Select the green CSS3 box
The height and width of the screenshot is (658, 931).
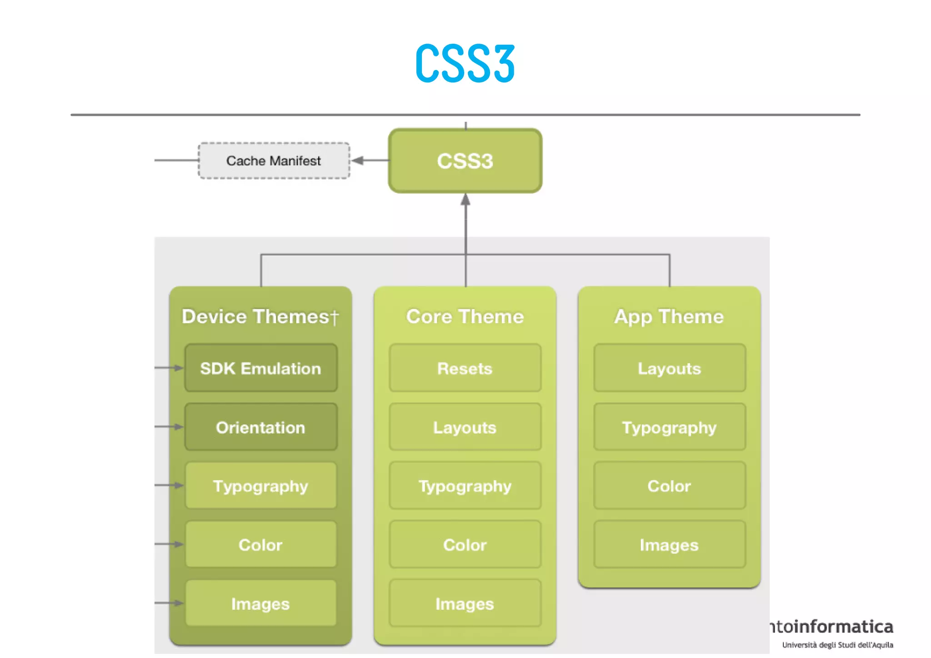(465, 161)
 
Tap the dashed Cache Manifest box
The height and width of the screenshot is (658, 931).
(274, 161)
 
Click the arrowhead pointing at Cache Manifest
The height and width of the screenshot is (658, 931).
(357, 161)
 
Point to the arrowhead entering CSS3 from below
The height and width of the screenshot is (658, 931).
(465, 200)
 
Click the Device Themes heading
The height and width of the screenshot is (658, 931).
(256, 316)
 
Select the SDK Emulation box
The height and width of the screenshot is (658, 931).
(261, 368)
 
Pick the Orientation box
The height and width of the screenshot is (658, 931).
(261, 427)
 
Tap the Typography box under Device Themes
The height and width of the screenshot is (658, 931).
(261, 486)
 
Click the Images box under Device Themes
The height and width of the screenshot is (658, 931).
(261, 604)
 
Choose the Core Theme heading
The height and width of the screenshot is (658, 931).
(465, 316)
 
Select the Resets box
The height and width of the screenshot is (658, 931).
(465, 368)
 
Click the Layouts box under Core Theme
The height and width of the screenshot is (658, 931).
(465, 427)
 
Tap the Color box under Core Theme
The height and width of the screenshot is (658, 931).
(465, 545)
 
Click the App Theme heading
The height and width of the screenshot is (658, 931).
(669, 316)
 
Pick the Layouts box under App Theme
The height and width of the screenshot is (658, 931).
(669, 368)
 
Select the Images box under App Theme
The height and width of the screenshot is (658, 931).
(669, 545)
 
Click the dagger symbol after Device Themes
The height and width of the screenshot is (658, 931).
(335, 317)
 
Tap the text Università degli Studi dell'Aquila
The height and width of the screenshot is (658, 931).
(837, 645)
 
